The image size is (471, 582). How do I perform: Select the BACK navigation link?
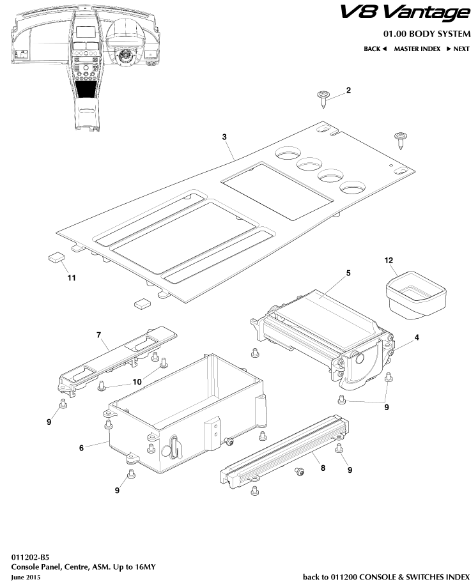click(x=375, y=49)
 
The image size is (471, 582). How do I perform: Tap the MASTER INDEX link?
click(x=417, y=49)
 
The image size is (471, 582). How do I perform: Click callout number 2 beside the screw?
click(x=348, y=90)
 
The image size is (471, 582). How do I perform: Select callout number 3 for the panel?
click(x=224, y=137)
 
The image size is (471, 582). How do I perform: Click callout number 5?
click(x=348, y=273)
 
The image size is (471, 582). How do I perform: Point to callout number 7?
click(x=99, y=334)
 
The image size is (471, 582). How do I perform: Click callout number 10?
click(x=137, y=381)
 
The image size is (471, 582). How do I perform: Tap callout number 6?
click(x=81, y=448)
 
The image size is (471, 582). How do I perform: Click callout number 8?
click(x=323, y=468)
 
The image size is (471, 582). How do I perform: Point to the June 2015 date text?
click(x=26, y=577)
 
